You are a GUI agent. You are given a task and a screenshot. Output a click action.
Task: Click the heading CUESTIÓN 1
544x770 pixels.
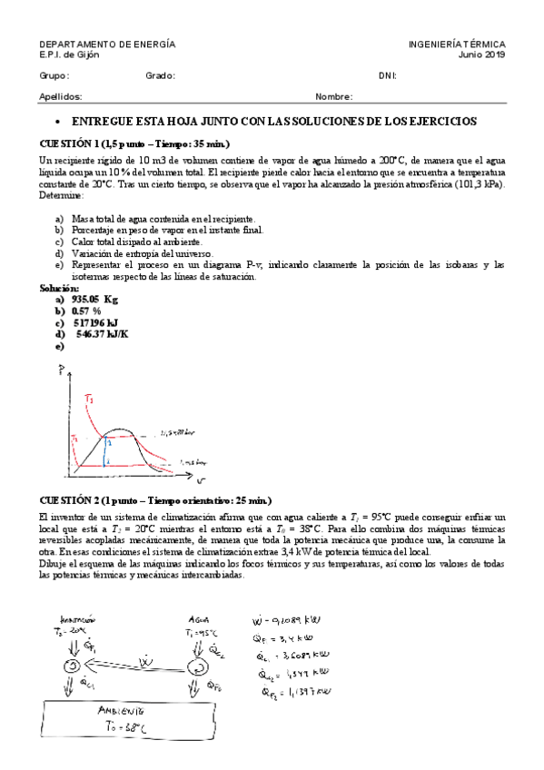coord(134,144)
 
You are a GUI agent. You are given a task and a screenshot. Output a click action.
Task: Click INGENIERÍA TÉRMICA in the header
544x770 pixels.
coord(457,44)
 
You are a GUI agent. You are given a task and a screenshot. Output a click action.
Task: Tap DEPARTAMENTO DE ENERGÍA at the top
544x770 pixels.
coord(107,44)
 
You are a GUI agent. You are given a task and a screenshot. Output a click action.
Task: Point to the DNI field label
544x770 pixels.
coord(388,75)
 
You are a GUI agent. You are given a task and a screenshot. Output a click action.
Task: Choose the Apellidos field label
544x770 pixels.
coord(61,96)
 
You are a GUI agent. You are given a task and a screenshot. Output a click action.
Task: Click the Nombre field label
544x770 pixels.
coord(333,96)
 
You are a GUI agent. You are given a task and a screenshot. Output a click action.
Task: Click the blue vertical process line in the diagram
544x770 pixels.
coord(106,449)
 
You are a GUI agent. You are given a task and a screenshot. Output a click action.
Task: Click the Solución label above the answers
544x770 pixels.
coord(57,288)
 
